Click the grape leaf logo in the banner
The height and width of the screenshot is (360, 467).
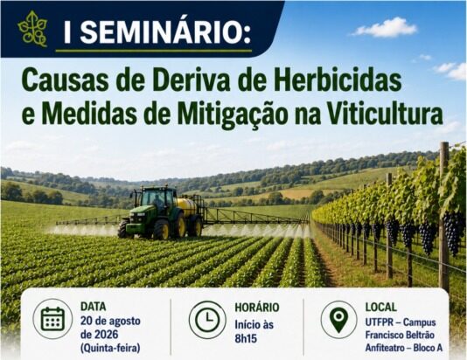point(32,29)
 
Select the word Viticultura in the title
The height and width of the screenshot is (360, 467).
point(385,114)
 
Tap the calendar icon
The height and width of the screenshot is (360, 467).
point(52,319)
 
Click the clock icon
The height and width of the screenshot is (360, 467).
point(207,320)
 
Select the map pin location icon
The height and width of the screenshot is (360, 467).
point(339,320)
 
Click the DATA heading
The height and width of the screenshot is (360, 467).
point(94,306)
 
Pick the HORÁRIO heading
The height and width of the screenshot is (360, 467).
point(257,307)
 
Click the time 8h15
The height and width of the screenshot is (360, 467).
point(246,338)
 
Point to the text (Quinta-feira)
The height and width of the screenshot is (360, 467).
point(110,348)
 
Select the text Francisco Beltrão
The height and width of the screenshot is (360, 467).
point(400,335)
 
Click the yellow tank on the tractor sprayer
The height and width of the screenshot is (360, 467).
point(187,206)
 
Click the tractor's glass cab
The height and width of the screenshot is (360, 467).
point(157,197)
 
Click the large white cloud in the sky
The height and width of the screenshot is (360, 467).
point(385,28)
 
